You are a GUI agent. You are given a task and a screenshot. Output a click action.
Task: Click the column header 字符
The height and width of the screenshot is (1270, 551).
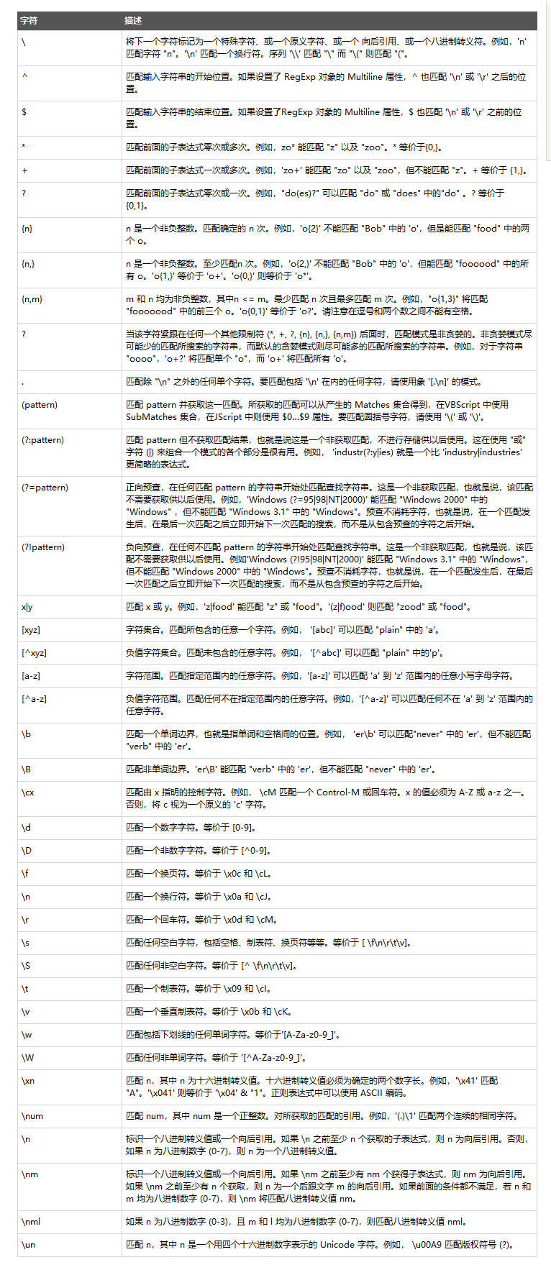point(29,21)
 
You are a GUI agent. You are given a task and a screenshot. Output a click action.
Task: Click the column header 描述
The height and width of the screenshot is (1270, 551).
point(133,21)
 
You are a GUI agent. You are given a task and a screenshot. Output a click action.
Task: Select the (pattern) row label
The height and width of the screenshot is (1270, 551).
point(40,405)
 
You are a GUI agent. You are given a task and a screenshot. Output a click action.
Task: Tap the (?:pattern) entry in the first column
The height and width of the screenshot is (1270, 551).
point(42,440)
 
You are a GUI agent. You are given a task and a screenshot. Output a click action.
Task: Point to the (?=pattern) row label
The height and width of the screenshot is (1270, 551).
point(45,488)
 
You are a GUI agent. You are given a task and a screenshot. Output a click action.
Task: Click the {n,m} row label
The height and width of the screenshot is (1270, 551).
point(32,299)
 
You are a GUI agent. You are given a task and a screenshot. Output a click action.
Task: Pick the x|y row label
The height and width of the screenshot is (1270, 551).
point(27,607)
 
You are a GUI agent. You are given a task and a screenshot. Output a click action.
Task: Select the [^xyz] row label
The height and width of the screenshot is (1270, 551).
point(34,653)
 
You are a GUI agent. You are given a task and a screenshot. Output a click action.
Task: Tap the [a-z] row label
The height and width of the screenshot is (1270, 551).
point(31,676)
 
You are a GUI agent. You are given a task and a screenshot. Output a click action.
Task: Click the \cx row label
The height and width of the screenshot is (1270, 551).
point(28,792)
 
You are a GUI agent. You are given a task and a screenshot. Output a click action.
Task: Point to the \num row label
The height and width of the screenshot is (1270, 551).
point(32,1116)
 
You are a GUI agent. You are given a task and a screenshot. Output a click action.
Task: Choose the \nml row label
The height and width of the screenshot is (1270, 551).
point(32,1222)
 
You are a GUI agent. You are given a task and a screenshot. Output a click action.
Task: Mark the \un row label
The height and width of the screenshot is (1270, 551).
point(28,1245)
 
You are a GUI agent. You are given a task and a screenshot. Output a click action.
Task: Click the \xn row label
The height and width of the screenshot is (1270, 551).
point(28,1081)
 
